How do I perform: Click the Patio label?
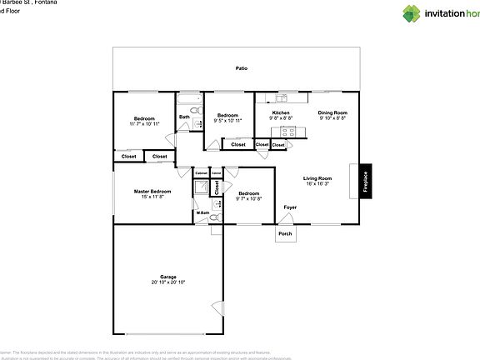pos(241,68)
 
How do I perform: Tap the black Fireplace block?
pos(365,182)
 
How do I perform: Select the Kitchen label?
pos(281,112)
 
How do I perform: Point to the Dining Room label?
pos(332,112)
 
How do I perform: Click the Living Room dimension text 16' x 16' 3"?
pos(317,183)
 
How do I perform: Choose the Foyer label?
pos(290,207)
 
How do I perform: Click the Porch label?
pos(285,233)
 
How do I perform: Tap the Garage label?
pos(168,277)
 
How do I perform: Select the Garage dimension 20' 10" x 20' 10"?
pos(168,282)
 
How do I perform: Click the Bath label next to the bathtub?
pos(184,117)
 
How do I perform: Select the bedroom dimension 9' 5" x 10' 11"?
pos(227,121)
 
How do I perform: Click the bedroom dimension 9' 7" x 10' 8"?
pos(248,198)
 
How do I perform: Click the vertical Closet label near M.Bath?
pos(216,187)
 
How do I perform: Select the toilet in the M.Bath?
pos(214,217)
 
